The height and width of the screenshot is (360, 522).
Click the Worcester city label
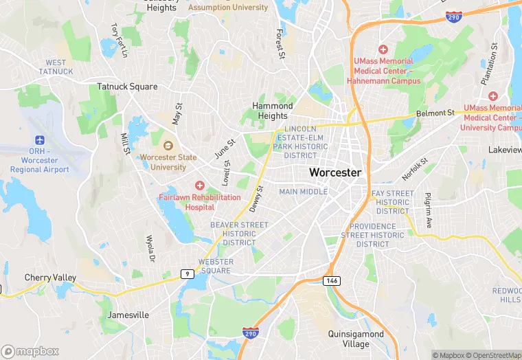click(334, 172)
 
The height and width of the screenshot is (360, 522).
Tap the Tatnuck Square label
click(127, 87)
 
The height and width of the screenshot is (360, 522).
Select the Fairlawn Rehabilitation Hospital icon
click(200, 185)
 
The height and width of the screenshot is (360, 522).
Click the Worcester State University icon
click(168, 146)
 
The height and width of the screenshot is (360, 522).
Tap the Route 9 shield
click(187, 273)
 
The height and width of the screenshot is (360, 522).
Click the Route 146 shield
click(332, 280)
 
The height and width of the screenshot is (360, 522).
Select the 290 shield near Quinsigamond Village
click(251, 333)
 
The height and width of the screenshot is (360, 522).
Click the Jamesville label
click(128, 315)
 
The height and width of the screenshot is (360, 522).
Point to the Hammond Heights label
click(273, 111)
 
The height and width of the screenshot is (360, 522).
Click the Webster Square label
click(216, 266)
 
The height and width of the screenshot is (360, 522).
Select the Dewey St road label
click(256, 199)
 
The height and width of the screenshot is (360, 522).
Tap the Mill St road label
click(126, 144)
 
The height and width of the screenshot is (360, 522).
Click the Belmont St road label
click(435, 112)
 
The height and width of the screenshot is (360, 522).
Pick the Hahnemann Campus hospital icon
click(383, 49)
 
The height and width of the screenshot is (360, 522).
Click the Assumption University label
click(228, 8)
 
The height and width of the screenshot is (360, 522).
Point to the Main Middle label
click(304, 192)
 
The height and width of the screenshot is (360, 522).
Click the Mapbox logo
click(30, 351)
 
